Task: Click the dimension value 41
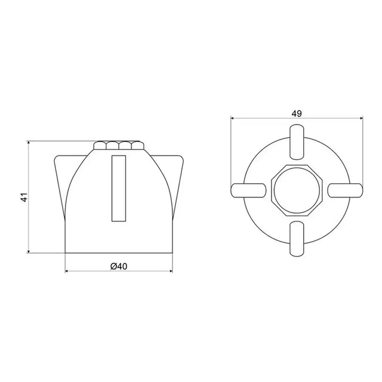[23, 198]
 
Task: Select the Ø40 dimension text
[119, 266]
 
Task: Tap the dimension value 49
[297, 112]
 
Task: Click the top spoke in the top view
[297, 140]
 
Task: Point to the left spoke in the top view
[248, 189]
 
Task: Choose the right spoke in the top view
[346, 189]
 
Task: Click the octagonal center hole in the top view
[297, 189]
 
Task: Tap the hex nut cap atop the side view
[119, 146]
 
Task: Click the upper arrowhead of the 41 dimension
[29, 144]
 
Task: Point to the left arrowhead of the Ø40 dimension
[67, 272]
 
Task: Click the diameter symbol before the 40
[113, 266]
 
